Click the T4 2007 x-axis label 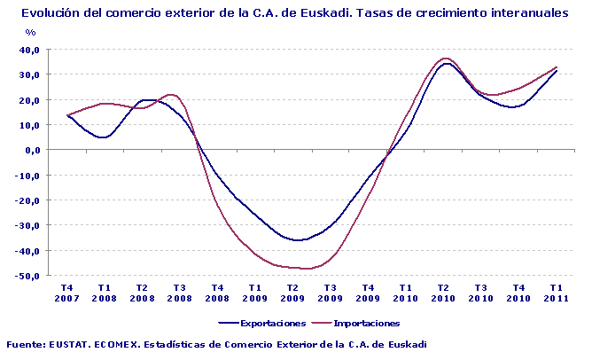point(67,293)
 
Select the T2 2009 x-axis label point(292,293)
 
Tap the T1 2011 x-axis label point(556,293)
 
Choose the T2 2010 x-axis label point(443,293)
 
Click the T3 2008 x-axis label point(180,293)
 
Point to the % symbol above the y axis point(30,32)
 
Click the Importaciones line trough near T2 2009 point(306,268)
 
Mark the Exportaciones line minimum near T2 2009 point(298,240)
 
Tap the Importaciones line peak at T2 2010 point(446,59)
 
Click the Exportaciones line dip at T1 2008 point(104,137)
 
